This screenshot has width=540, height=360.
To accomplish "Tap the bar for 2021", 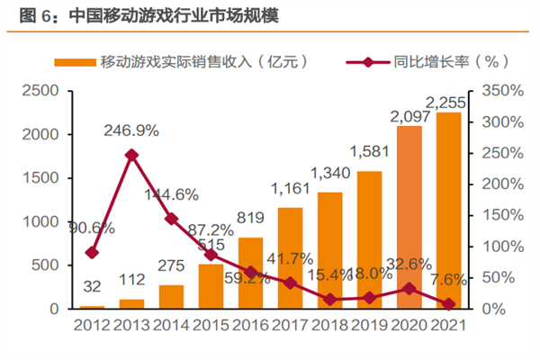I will pyautogui.click(x=448, y=211).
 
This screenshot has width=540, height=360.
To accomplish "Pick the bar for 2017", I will pyautogui.click(x=290, y=258).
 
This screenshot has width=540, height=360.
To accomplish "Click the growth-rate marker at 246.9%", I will pyautogui.click(x=131, y=155).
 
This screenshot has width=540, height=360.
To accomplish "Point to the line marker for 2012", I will pyautogui.click(x=92, y=253).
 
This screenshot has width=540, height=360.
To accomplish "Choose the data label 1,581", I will pyautogui.click(x=369, y=150).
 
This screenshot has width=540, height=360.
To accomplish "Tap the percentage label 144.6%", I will pyautogui.click(x=171, y=193).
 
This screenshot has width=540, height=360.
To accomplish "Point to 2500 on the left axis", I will pyautogui.click(x=40, y=91).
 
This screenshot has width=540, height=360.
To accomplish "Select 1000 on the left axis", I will pyautogui.click(x=40, y=221).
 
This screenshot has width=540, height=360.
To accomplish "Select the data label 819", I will pyautogui.click(x=251, y=217).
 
